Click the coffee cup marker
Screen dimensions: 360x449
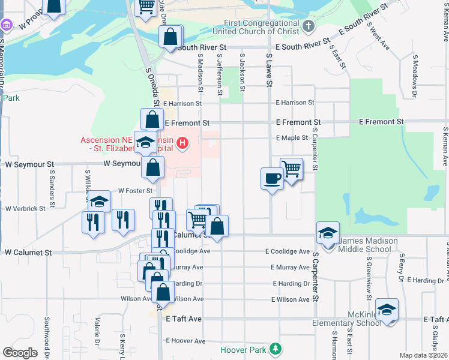tap(272, 178)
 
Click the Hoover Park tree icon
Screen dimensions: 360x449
tap(276, 349)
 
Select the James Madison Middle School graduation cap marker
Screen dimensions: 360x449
tap(328, 233)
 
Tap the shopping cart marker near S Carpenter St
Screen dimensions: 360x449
tap(291, 169)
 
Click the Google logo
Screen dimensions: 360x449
tap(20, 352)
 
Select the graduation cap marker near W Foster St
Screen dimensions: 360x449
tap(100, 202)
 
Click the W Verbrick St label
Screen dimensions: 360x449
tap(25, 209)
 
